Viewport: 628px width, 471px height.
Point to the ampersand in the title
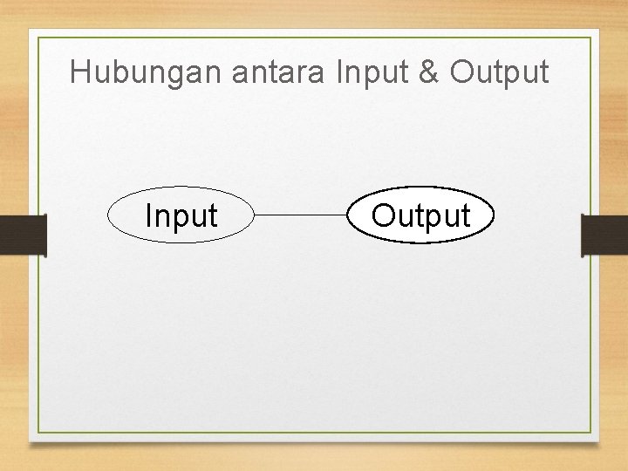click(x=429, y=72)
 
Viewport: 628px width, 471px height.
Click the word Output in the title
click(x=500, y=72)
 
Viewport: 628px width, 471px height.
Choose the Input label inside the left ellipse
click(x=181, y=215)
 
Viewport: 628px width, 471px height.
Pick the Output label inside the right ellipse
click(x=421, y=215)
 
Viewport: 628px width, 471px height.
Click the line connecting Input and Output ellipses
click(x=301, y=215)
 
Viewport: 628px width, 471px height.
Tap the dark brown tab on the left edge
click(x=22, y=235)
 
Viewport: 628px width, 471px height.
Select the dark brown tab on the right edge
click(x=604, y=235)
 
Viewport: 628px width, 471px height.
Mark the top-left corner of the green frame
click(x=38, y=38)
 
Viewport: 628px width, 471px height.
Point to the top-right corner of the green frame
click(x=590, y=38)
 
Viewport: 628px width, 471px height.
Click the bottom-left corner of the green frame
click(x=38, y=433)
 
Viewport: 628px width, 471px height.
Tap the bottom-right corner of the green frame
click(x=590, y=433)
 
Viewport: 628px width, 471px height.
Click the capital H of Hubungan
click(x=79, y=72)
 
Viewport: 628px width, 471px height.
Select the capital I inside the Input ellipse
click(x=148, y=215)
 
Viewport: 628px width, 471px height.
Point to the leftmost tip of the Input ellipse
click(x=107, y=215)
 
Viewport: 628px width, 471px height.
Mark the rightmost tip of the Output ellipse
click(x=495, y=215)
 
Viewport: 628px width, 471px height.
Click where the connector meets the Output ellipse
click(x=348, y=215)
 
